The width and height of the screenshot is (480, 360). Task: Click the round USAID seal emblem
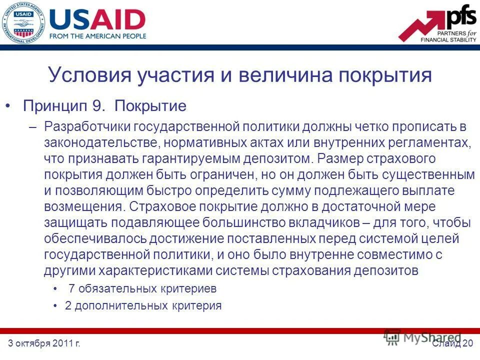(22, 22)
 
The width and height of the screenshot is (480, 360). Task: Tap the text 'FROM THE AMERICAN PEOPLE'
(98, 36)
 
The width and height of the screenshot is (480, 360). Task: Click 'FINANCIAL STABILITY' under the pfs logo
(448, 39)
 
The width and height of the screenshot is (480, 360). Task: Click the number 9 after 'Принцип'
(97, 106)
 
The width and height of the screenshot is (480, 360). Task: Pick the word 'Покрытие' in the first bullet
(150, 106)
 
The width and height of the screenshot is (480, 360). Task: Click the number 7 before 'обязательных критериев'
(71, 289)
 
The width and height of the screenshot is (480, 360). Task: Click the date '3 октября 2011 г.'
(44, 343)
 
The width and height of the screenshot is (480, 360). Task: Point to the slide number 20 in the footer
(468, 343)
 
